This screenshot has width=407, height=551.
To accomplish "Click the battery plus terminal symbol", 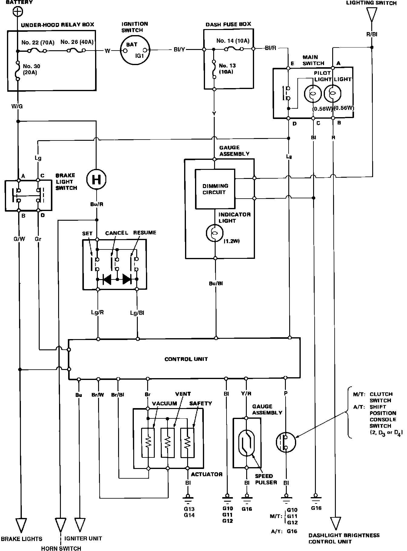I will coord(18,12).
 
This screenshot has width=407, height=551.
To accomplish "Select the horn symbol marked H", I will coord(96,180).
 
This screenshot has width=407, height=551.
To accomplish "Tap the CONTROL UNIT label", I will coord(186,359).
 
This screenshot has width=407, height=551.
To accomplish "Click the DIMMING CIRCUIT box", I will coord(215,189).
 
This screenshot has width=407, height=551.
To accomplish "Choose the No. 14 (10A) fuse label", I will coord(233,41).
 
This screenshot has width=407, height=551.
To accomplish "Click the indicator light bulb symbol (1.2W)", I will coord(214,233).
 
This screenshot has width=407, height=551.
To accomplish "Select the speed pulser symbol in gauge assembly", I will coord(247,443).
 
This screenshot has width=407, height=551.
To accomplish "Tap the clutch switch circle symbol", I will coord(286,442).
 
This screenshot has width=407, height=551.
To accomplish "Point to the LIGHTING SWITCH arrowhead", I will coord(372,15).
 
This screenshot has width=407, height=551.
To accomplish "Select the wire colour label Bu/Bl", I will coord(216,284).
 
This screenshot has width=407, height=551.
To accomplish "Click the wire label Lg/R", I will coord(98,312).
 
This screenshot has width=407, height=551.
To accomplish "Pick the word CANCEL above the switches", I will coord(117,233).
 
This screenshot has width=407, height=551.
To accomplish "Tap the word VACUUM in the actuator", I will coord(164,403).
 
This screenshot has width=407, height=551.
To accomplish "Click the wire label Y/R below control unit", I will coord(246,394).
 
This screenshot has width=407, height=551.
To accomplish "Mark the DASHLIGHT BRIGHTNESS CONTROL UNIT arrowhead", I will coord(335,523).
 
